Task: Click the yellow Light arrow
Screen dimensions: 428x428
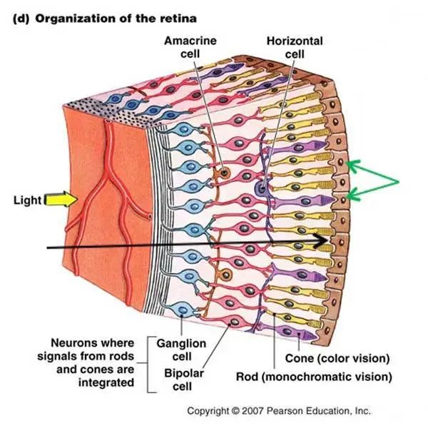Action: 56,200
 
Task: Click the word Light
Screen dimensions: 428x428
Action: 28,200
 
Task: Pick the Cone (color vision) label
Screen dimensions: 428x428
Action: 337,357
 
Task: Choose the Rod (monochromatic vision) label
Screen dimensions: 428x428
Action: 315,375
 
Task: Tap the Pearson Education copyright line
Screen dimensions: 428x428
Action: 279,412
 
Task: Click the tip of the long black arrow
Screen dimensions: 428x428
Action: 332,245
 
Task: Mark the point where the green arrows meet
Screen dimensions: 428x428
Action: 399,180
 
